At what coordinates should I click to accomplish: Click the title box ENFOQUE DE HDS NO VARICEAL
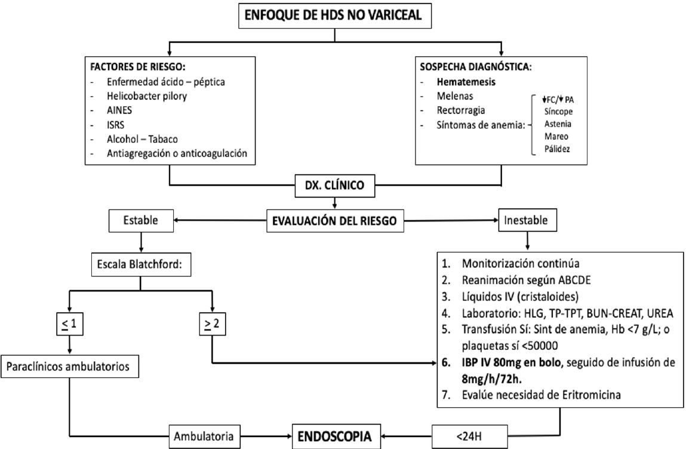335,16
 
